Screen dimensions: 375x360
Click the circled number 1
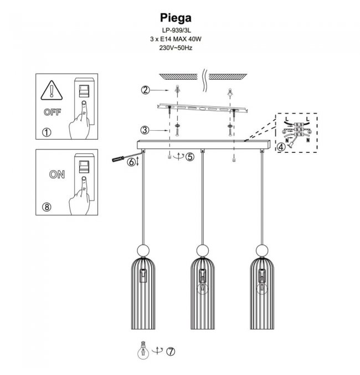click(47, 132)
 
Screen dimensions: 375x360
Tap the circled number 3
click(145, 131)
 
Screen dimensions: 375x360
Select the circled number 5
click(190, 157)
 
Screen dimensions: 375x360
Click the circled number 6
click(131, 162)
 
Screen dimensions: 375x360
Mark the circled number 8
click(47, 207)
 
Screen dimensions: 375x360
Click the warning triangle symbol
click(52, 90)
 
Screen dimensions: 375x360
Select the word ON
click(56, 175)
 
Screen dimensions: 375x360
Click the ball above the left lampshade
click(143, 250)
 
